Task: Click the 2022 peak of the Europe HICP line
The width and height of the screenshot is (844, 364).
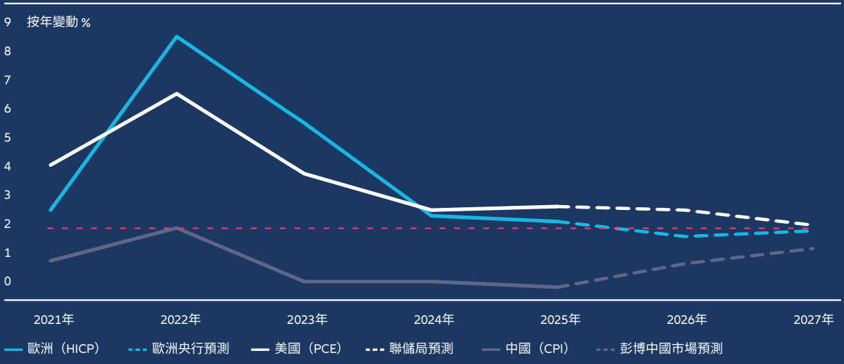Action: [176, 37]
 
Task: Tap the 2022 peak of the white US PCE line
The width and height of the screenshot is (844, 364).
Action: [176, 93]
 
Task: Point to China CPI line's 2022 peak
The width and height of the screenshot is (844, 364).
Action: [177, 228]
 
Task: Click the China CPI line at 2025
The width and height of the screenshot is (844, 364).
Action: [558, 287]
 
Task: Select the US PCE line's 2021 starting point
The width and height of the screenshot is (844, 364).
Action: [50, 165]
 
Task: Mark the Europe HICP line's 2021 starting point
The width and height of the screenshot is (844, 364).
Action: [50, 209]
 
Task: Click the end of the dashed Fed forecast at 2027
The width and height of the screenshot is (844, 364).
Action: [810, 224]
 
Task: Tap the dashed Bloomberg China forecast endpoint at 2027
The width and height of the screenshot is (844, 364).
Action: [813, 249]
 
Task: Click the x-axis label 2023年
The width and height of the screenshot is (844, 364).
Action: [307, 320]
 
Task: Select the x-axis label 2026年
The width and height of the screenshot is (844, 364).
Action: [687, 320]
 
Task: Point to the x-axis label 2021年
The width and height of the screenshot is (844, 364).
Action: [54, 320]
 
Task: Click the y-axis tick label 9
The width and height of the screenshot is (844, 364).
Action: [8, 22]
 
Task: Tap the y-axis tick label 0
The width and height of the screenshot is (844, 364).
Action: [8, 281]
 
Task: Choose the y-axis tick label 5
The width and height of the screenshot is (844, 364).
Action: [8, 137]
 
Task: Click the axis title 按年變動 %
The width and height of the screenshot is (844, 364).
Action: [59, 22]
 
